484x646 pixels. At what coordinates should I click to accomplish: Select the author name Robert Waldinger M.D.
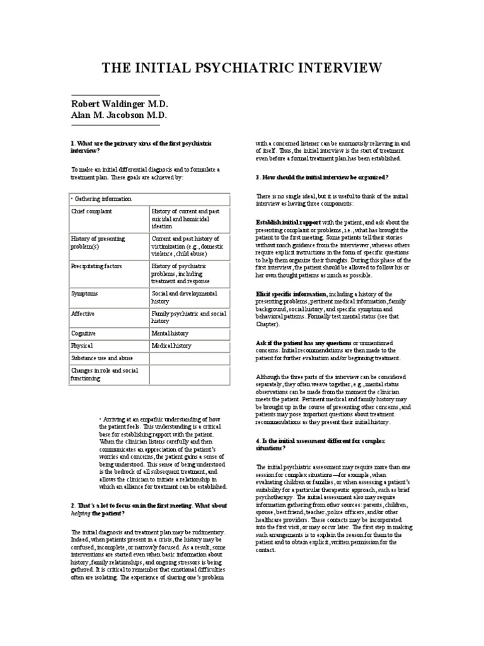click(120, 103)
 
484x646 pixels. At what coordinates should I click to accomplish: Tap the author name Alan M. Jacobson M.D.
click(118, 115)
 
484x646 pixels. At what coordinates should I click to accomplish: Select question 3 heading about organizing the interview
click(322, 177)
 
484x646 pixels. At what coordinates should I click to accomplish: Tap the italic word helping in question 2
click(81, 514)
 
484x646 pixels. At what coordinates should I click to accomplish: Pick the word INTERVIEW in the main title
click(337, 68)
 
